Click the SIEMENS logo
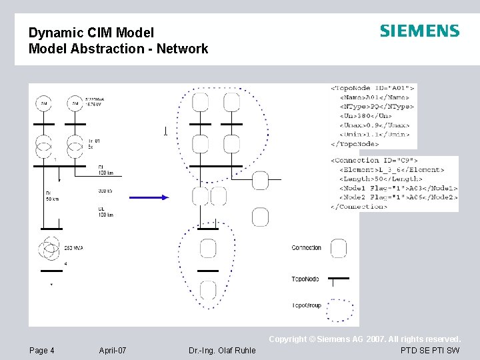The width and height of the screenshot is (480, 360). click(419, 31)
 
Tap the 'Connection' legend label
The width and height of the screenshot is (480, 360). click(306, 248)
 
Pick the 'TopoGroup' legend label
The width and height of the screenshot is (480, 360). click(306, 305)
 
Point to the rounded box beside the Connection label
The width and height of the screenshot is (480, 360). click(339, 249)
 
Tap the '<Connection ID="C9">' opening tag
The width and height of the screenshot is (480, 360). click(375, 160)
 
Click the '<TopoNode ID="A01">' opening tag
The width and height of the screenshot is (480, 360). click(373, 87)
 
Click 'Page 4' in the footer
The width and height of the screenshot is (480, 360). click(42, 351)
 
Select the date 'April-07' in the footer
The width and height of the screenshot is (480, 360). click(113, 351)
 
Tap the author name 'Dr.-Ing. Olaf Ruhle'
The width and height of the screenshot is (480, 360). click(222, 351)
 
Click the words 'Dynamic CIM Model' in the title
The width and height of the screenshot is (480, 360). click(91, 33)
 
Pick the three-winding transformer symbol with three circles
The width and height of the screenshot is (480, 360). click(50, 250)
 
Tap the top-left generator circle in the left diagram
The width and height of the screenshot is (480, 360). click(44, 104)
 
